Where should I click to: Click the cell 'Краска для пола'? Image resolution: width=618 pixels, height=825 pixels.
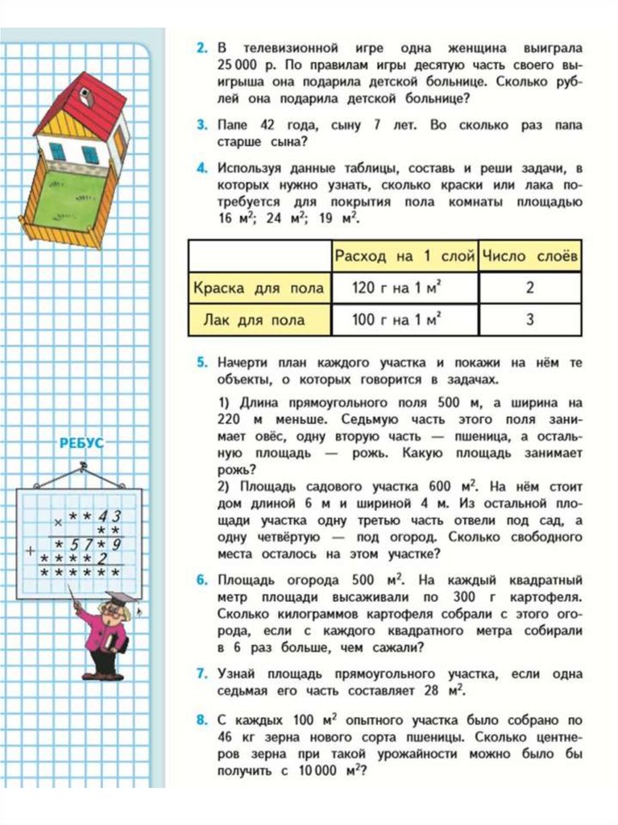point(259,288)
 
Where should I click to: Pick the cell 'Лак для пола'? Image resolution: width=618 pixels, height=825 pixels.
point(259,320)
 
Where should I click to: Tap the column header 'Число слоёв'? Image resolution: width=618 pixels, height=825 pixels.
point(529,256)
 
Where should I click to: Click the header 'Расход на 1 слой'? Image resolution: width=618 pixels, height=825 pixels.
point(404,256)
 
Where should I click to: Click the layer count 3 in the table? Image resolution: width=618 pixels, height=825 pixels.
point(530,320)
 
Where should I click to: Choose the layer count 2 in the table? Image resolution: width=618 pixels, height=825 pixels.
point(530,288)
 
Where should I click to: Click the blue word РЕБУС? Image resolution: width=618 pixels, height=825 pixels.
point(81,443)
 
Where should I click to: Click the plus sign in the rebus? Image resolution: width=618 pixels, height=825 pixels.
point(30,552)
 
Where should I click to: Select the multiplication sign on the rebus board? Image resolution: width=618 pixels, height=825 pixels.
point(56,521)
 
